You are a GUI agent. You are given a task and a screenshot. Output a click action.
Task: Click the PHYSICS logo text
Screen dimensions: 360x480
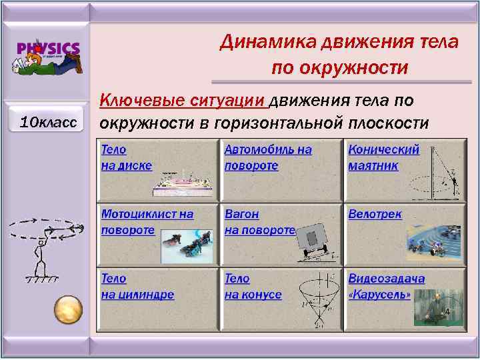click(49, 49)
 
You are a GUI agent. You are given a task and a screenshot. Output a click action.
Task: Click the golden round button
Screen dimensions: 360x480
click(68, 309)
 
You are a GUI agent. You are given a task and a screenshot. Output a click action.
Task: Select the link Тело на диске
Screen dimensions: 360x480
click(127, 157)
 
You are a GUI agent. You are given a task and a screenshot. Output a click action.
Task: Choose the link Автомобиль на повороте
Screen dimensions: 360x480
click(267, 157)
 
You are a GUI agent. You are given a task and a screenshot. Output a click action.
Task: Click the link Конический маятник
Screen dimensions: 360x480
click(383, 157)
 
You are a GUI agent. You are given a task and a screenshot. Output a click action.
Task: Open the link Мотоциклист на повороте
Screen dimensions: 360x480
click(147, 222)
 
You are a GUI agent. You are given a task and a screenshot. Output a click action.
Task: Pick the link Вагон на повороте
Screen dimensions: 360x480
click(259, 222)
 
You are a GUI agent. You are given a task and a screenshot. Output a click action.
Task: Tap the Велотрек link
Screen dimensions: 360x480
click(375, 214)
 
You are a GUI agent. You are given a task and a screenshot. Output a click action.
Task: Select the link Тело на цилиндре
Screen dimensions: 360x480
click(137, 286)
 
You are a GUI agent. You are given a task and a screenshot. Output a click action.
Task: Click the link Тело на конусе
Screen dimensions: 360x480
click(253, 286)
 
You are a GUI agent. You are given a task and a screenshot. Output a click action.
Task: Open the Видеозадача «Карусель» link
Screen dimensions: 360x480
click(386, 286)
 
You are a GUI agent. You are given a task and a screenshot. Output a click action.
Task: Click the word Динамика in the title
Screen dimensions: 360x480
click(269, 42)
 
